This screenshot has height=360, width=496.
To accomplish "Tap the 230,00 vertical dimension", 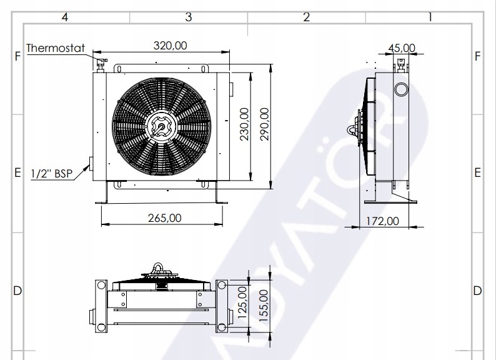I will pyautogui.click(x=244, y=124).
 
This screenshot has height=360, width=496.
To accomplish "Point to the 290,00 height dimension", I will pyautogui.click(x=264, y=124).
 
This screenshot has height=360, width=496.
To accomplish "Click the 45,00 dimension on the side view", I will pyautogui.click(x=402, y=47).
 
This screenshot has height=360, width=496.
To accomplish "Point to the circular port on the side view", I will pyautogui.click(x=400, y=90).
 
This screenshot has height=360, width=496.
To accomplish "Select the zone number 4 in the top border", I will pyautogui.click(x=64, y=17).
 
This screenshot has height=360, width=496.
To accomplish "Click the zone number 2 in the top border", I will pyautogui.click(x=306, y=17).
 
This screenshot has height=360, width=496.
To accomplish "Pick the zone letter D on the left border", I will pyautogui.click(x=17, y=291).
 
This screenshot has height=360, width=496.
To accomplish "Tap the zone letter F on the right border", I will pyautogui.click(x=478, y=56).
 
